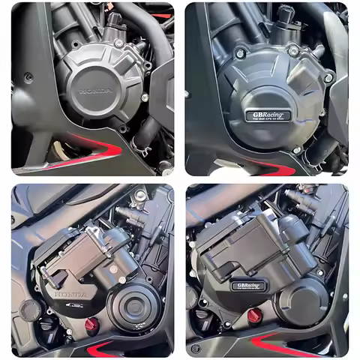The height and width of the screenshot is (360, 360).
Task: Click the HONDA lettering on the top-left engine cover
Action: click(x=95, y=91)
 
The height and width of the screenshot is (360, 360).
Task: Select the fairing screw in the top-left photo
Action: click(x=28, y=76)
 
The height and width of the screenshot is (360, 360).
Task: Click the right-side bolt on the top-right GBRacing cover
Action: click(x=328, y=77)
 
